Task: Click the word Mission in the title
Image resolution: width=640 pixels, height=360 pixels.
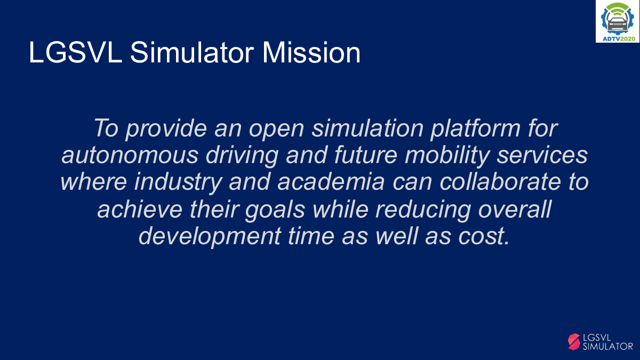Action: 311,53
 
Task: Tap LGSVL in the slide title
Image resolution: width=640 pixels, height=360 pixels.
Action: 75,53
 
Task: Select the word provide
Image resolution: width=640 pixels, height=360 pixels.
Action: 166,129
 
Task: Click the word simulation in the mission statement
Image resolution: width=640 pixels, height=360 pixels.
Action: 367,129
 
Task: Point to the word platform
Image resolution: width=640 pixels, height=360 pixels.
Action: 475,129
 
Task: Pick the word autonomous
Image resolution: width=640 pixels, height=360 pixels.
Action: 130,156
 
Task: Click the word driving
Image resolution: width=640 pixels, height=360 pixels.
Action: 242,156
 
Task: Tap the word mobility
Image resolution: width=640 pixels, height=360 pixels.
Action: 447,156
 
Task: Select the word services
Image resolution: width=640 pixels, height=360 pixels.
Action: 542,156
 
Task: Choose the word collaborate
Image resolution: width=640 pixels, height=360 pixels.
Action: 500,182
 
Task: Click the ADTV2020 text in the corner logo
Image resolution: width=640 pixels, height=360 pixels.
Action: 619,39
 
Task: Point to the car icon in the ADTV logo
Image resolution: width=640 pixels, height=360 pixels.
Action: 618,23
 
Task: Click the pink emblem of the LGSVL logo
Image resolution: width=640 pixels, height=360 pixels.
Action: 574,342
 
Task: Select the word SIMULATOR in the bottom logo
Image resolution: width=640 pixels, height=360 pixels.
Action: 607,347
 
